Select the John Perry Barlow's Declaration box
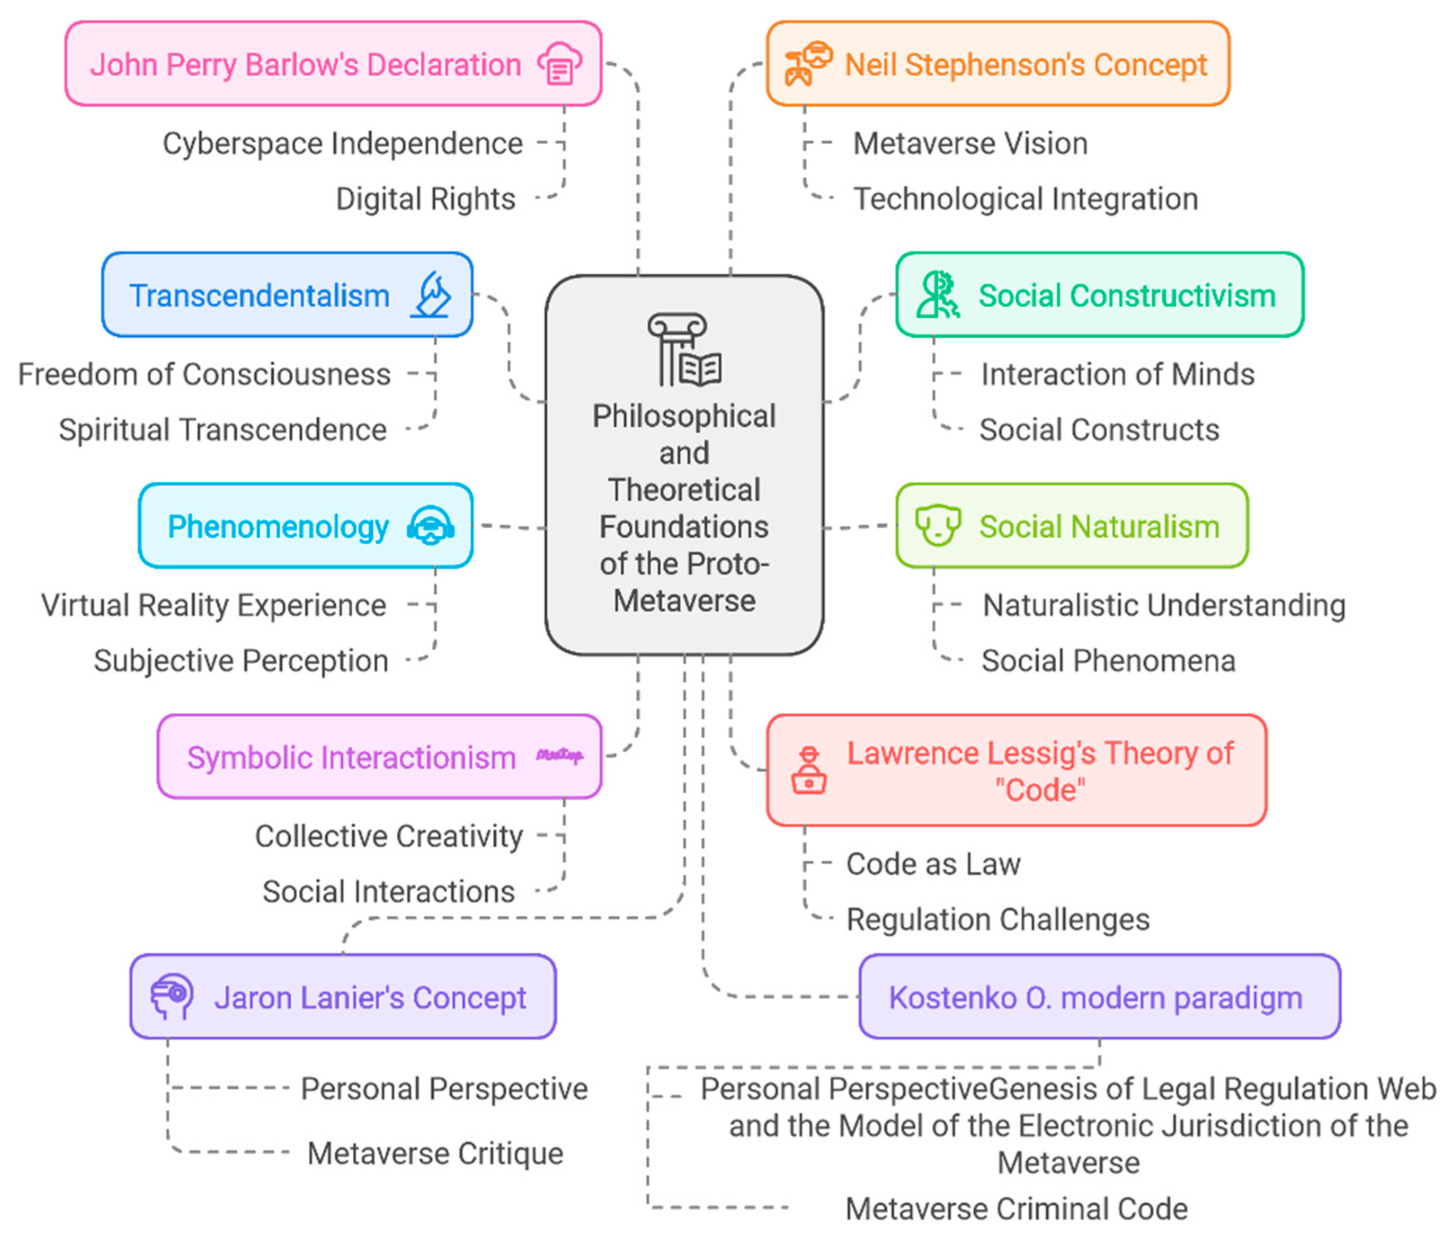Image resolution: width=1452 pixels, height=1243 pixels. tap(333, 64)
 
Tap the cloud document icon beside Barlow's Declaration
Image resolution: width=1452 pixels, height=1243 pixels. tap(559, 64)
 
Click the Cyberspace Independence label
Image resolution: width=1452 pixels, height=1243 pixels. tap(343, 144)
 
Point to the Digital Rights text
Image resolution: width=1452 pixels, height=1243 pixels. tap(425, 199)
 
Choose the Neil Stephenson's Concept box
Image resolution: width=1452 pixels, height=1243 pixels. tap(998, 64)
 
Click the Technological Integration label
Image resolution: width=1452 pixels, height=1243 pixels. tap(1025, 199)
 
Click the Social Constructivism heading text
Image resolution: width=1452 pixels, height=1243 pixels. tap(1127, 295)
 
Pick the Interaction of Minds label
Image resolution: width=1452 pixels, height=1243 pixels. tap(1117, 374)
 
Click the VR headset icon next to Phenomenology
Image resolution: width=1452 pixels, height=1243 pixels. tap(430, 526)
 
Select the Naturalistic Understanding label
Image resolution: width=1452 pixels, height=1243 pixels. tap(1164, 605)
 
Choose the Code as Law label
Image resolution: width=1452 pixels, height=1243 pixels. tap(933, 863)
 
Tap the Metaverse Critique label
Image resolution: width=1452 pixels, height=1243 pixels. tap(435, 1153)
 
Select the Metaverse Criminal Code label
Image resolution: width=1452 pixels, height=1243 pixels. tap(1016, 1209)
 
